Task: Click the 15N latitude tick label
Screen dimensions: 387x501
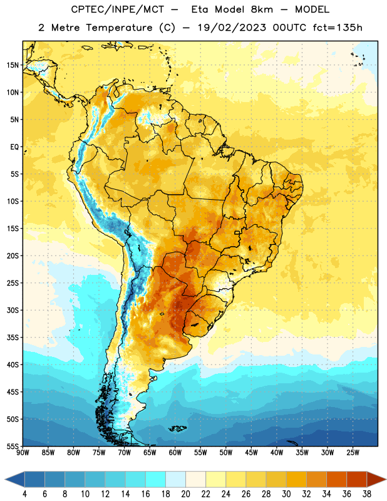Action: click(x=13, y=65)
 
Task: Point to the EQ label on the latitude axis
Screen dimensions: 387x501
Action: click(x=14, y=147)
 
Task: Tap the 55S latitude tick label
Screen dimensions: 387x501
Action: click(x=13, y=446)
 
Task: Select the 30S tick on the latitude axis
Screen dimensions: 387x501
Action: click(x=13, y=310)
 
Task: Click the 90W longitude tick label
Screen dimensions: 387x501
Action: click(x=23, y=452)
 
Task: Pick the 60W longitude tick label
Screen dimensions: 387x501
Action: click(x=175, y=452)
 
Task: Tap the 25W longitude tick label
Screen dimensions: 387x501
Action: click(x=353, y=452)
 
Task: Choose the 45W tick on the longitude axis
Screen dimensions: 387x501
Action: click(x=252, y=452)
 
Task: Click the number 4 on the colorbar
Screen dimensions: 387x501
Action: click(x=24, y=494)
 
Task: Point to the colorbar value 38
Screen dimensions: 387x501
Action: click(x=366, y=494)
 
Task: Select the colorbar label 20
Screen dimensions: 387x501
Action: click(x=185, y=494)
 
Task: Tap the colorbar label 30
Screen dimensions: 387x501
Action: click(x=286, y=494)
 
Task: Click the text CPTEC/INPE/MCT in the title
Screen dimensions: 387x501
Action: click(x=118, y=9)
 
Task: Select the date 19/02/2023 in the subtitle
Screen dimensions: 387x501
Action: click(x=232, y=28)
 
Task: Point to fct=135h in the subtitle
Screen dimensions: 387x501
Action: click(x=338, y=28)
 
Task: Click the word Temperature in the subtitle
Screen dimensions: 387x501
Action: click(x=119, y=28)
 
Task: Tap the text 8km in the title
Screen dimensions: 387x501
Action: click(x=262, y=9)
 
